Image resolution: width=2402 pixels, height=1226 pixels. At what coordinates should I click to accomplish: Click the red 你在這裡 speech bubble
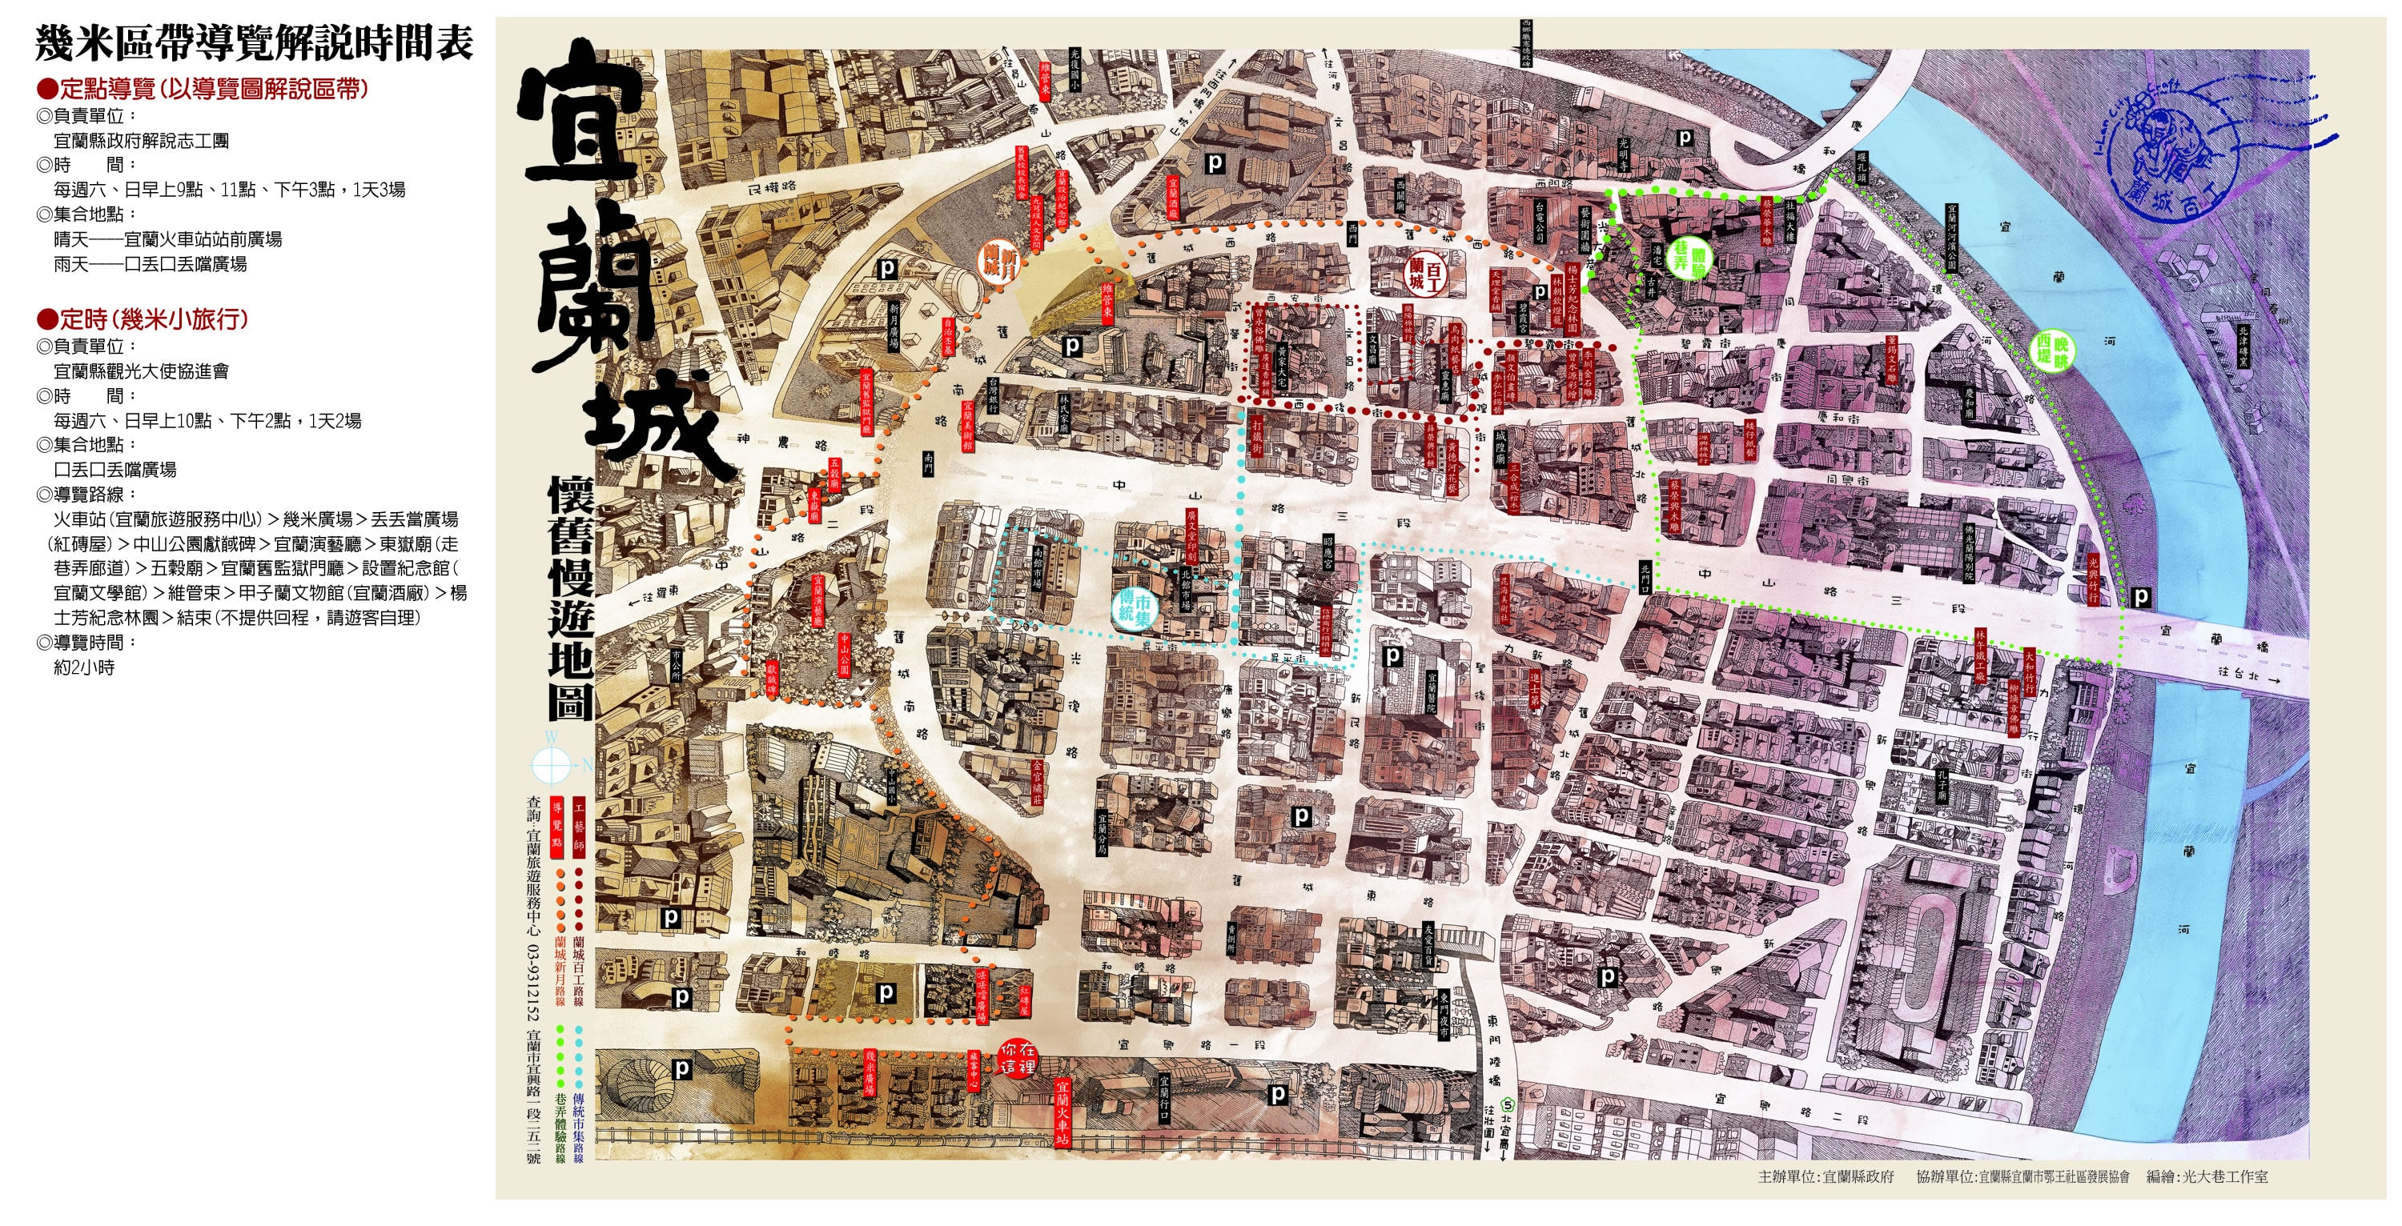(x=1016, y=1058)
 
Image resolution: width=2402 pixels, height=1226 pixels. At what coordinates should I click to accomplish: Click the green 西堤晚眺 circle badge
(x=2052, y=350)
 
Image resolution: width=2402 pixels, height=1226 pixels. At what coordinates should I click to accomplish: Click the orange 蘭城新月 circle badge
(x=998, y=259)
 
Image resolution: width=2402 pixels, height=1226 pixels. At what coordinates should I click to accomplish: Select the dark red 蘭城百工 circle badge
(x=1425, y=271)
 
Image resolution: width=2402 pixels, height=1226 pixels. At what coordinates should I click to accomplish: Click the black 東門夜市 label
(x=1444, y=1015)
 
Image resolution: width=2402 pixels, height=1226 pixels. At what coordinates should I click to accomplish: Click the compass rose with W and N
(x=551, y=764)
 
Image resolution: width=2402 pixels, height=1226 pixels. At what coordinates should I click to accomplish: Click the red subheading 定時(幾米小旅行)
(x=142, y=319)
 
